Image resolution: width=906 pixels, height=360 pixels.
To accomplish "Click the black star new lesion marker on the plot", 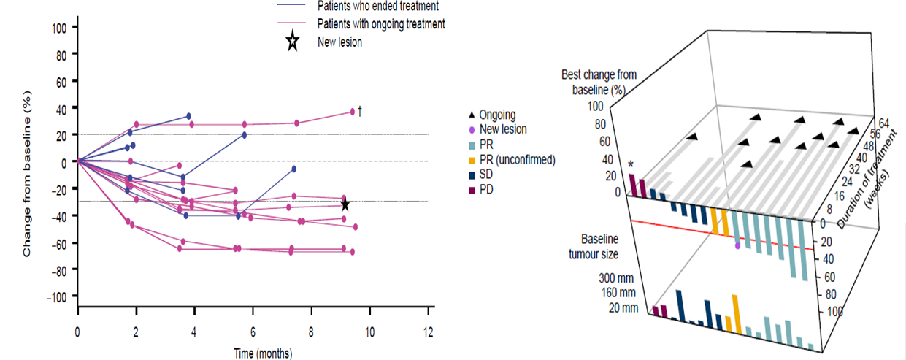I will coord(345,205).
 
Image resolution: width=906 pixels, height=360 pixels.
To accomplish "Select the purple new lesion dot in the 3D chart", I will coord(737,246).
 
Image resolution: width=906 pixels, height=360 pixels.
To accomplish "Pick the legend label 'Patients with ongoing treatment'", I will coord(381,24).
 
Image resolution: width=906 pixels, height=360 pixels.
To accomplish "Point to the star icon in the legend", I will coord(292,42).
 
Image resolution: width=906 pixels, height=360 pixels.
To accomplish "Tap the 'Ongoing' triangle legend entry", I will coord(496,115).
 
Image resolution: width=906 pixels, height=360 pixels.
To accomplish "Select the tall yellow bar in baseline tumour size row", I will coord(737,313).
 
